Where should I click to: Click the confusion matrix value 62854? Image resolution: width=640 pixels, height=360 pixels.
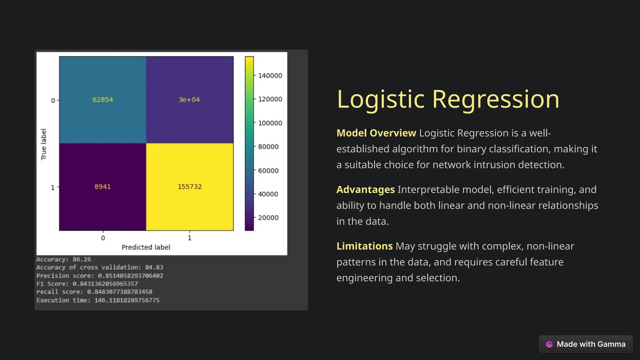[x=102, y=100]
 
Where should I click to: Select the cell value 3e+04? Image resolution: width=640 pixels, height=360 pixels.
[x=189, y=100]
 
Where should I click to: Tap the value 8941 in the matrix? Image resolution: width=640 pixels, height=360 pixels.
[x=102, y=187]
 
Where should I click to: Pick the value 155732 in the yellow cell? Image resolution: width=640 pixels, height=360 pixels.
[x=190, y=187]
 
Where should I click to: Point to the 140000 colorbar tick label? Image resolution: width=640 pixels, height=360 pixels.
[x=270, y=76]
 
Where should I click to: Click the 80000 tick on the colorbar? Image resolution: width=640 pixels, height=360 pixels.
[x=268, y=147]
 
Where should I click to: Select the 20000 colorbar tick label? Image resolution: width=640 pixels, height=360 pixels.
[x=268, y=218]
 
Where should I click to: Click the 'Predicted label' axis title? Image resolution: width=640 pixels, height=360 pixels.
[x=146, y=247]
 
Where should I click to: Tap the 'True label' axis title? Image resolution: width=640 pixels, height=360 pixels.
[x=44, y=144]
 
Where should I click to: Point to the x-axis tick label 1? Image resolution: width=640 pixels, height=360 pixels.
[x=189, y=238]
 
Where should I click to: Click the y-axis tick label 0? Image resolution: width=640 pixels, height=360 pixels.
[x=53, y=101]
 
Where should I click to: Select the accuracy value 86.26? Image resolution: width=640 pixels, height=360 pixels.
[x=82, y=259]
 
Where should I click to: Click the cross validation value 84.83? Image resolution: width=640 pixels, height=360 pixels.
[x=154, y=267]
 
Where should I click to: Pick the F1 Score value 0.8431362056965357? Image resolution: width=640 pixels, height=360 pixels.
[x=105, y=284]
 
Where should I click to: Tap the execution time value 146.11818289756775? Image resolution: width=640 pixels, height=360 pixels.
[x=127, y=300]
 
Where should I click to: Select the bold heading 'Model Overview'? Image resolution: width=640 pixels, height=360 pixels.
[x=376, y=133]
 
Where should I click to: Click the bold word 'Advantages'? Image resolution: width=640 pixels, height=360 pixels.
[x=366, y=190]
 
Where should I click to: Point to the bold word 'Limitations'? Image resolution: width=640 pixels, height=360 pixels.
[x=364, y=246]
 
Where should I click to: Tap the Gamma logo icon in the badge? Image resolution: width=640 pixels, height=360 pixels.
[x=549, y=344]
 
